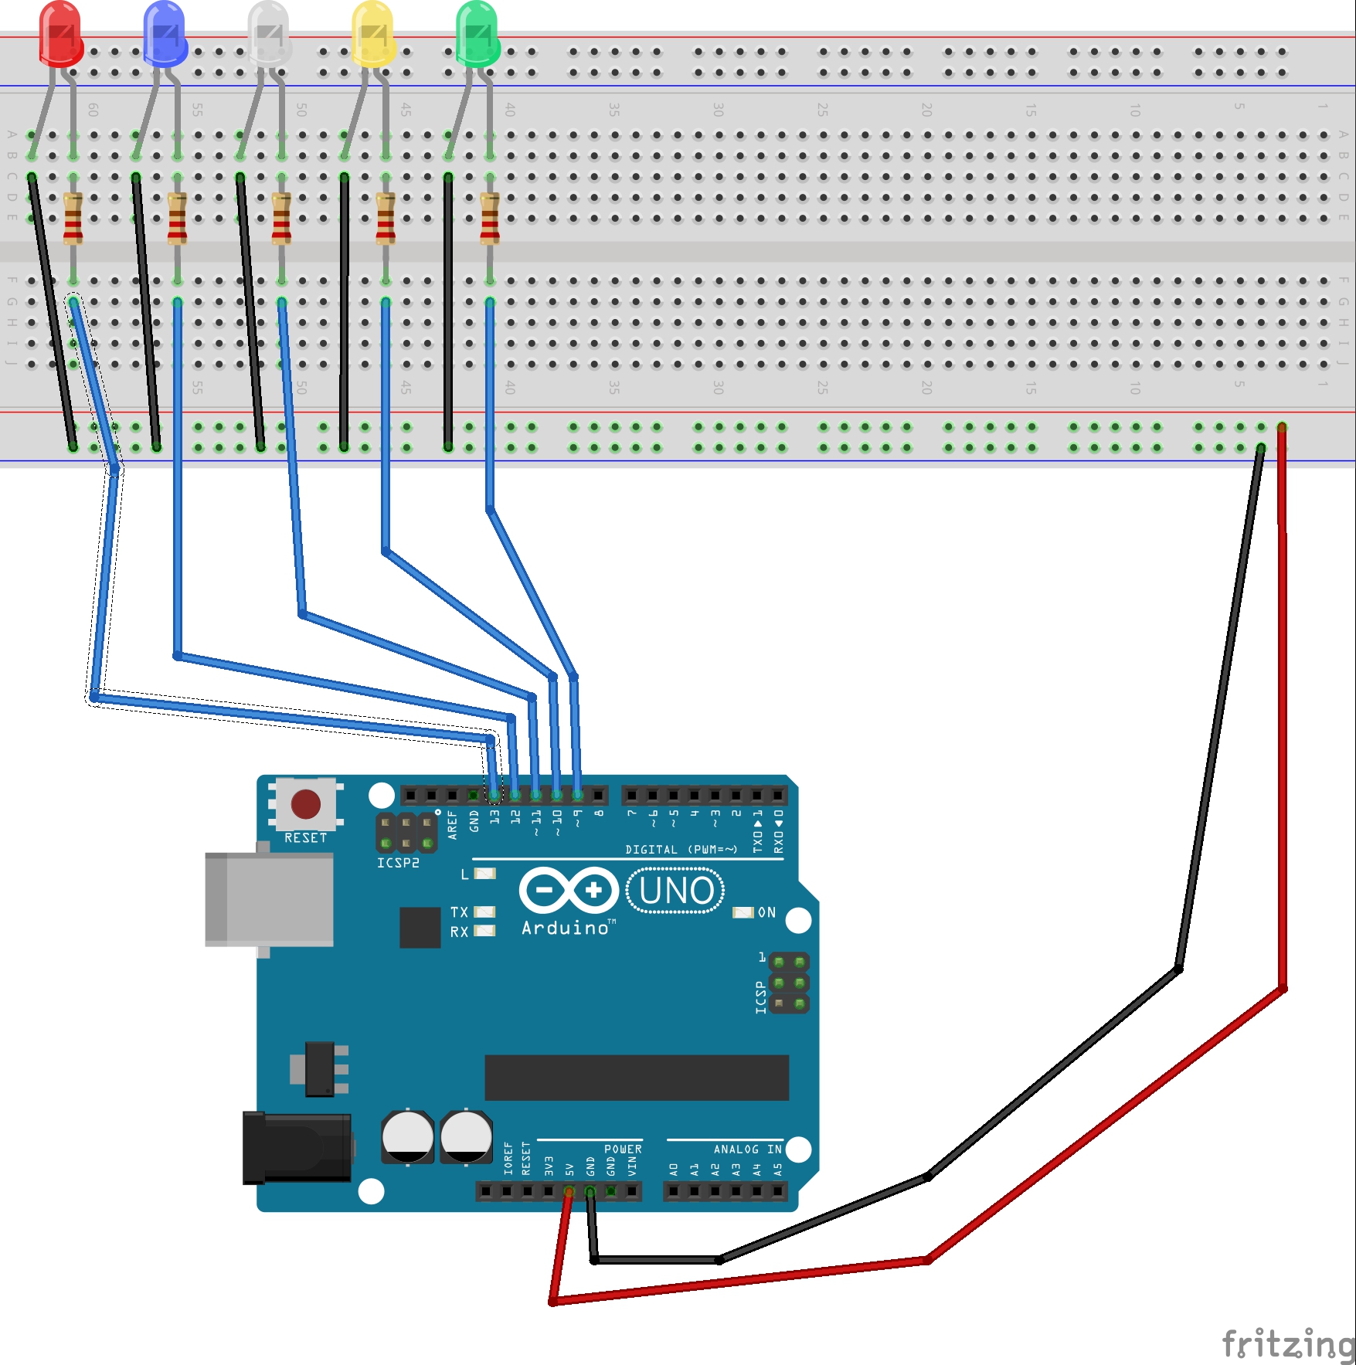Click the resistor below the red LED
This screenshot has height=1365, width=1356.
(x=73, y=219)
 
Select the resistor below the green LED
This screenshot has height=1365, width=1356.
(x=489, y=219)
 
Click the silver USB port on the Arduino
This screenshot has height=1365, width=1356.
(x=269, y=899)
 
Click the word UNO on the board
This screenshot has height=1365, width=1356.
(x=676, y=891)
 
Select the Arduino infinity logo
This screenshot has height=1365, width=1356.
(x=569, y=890)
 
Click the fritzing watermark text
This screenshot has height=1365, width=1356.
(x=1288, y=1343)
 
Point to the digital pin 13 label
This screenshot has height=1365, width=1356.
(x=494, y=817)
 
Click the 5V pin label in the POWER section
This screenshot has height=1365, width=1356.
(x=569, y=1169)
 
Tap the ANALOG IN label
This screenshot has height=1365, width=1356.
(x=747, y=1149)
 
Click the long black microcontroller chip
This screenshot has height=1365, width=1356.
(x=636, y=1077)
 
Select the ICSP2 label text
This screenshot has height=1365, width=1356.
(x=398, y=863)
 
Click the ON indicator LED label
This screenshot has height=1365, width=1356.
(x=766, y=912)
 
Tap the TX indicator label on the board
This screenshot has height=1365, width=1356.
(x=459, y=912)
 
